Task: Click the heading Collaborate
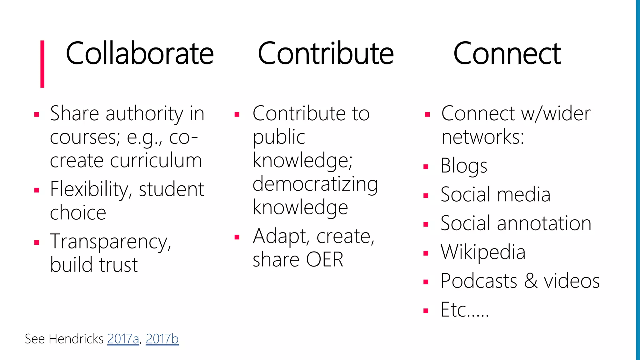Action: tap(140, 54)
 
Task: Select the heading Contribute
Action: tap(326, 54)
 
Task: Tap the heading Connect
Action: tap(507, 54)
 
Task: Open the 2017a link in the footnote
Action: tap(123, 339)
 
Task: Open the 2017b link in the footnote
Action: tap(162, 339)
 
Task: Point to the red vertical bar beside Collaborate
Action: tap(42, 64)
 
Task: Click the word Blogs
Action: tap(464, 166)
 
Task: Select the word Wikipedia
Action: tap(483, 252)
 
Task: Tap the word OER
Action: tap(325, 259)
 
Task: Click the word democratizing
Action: tap(315, 184)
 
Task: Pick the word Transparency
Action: tap(111, 242)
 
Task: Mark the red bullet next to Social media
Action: tap(426, 196)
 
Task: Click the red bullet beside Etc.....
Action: tap(426, 311)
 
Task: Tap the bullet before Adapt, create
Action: tap(237, 237)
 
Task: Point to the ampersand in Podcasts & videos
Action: tap(531, 281)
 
